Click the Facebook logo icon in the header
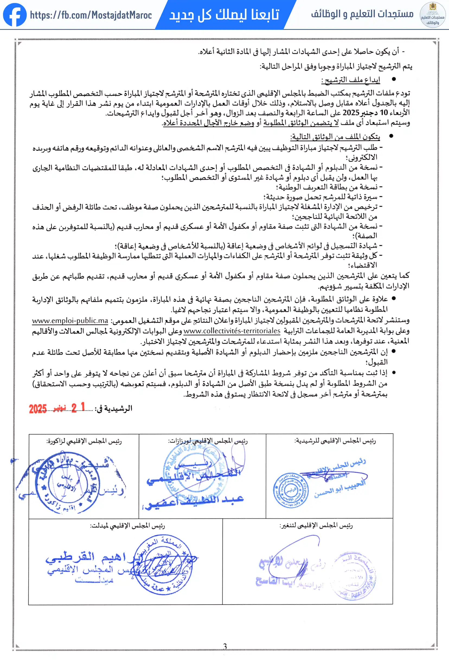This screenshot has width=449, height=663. pos(15,15)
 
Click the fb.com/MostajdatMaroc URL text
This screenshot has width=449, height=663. pos(91,15)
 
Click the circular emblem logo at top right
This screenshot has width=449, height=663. pos(432,15)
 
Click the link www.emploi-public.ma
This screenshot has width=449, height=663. pos(70,320)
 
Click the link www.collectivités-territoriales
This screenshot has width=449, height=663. pos(232,331)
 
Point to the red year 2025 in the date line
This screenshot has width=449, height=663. pos(38,409)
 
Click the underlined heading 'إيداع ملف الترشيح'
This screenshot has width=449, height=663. pos(351,80)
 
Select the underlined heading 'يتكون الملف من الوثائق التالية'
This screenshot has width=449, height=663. pos(335,137)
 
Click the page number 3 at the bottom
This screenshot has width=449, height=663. pos(225,646)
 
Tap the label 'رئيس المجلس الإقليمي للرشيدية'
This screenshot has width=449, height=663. pos(335,441)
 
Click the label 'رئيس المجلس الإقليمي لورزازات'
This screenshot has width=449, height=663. pos(207,441)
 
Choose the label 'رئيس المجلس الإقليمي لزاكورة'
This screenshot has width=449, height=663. pos(84,441)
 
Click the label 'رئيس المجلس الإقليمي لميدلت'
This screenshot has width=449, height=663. pos(127,525)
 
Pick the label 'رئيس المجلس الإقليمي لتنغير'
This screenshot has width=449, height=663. pos(316,525)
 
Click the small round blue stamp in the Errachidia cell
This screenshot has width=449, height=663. pos(290,490)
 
